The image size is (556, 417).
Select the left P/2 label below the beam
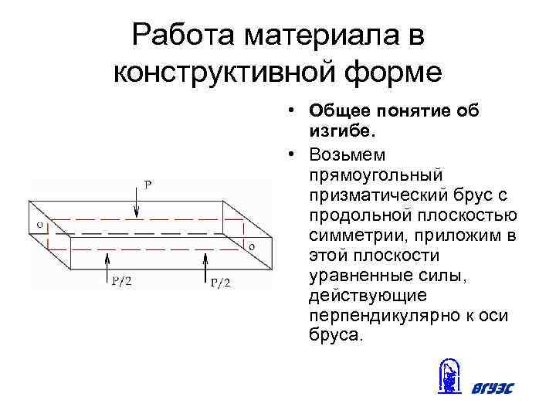[120, 281]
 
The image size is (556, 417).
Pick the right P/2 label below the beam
[221, 283]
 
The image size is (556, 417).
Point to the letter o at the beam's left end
[39, 225]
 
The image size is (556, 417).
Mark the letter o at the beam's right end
[251, 245]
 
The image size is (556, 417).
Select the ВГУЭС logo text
[492, 387]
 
